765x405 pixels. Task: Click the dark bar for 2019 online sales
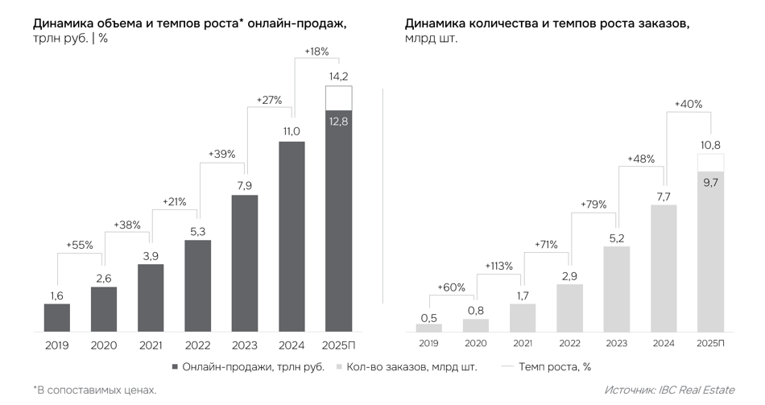tap(56, 317)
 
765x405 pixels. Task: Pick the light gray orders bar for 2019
tap(429, 327)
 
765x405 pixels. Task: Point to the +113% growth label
tap(498, 266)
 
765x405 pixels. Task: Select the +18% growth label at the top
tap(316, 51)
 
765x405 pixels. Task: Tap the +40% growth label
tap(688, 104)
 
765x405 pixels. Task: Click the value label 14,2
tap(338, 76)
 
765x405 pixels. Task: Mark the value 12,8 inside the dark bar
tap(338, 121)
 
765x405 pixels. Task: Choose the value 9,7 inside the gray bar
tap(710, 183)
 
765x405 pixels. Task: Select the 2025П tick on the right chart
tap(710, 343)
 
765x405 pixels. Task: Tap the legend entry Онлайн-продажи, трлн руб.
tap(248, 367)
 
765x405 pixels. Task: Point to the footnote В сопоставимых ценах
tap(95, 390)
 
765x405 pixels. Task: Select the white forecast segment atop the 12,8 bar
tap(338, 98)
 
